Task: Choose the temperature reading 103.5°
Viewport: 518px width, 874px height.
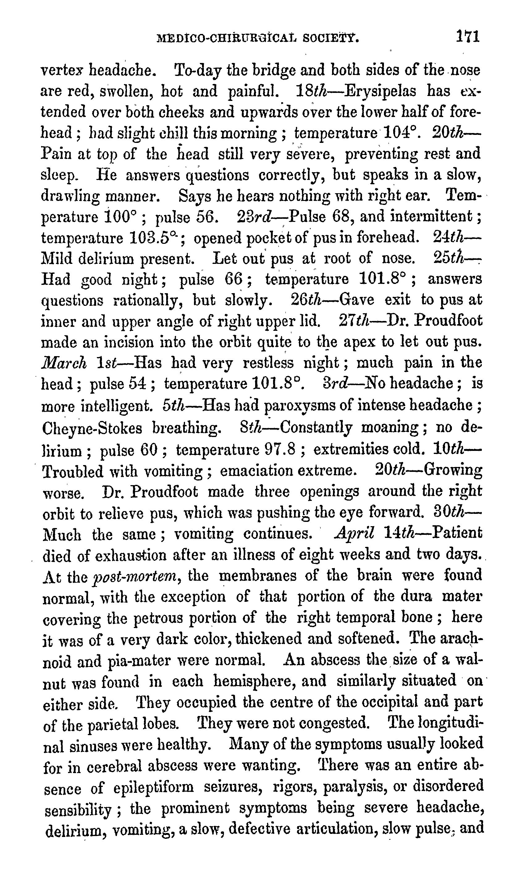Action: pyautogui.click(x=155, y=238)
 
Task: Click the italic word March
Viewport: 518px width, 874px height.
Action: pyautogui.click(x=64, y=363)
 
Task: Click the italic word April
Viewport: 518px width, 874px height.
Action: pyautogui.click(x=354, y=533)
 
